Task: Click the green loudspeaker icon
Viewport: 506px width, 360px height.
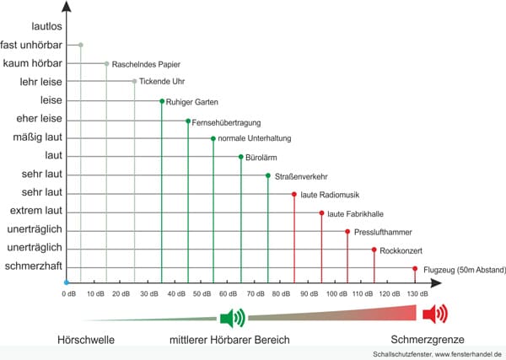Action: coord(232,317)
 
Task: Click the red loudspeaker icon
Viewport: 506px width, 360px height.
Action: coord(435,315)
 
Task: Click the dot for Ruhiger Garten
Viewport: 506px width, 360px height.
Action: coord(161,101)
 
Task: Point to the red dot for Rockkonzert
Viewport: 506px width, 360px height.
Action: coord(374,250)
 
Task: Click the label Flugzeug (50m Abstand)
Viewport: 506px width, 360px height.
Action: coord(464,270)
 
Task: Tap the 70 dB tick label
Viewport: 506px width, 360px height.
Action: coord(256,293)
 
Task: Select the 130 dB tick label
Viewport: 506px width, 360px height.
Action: coord(416,293)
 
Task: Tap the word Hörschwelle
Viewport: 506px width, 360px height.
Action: coord(84,340)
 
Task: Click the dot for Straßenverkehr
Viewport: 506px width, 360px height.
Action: coord(268,175)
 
